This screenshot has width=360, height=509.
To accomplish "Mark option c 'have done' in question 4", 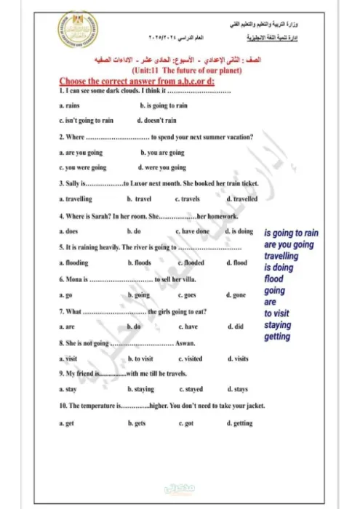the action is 193,231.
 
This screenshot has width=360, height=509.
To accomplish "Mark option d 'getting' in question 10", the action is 240,422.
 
